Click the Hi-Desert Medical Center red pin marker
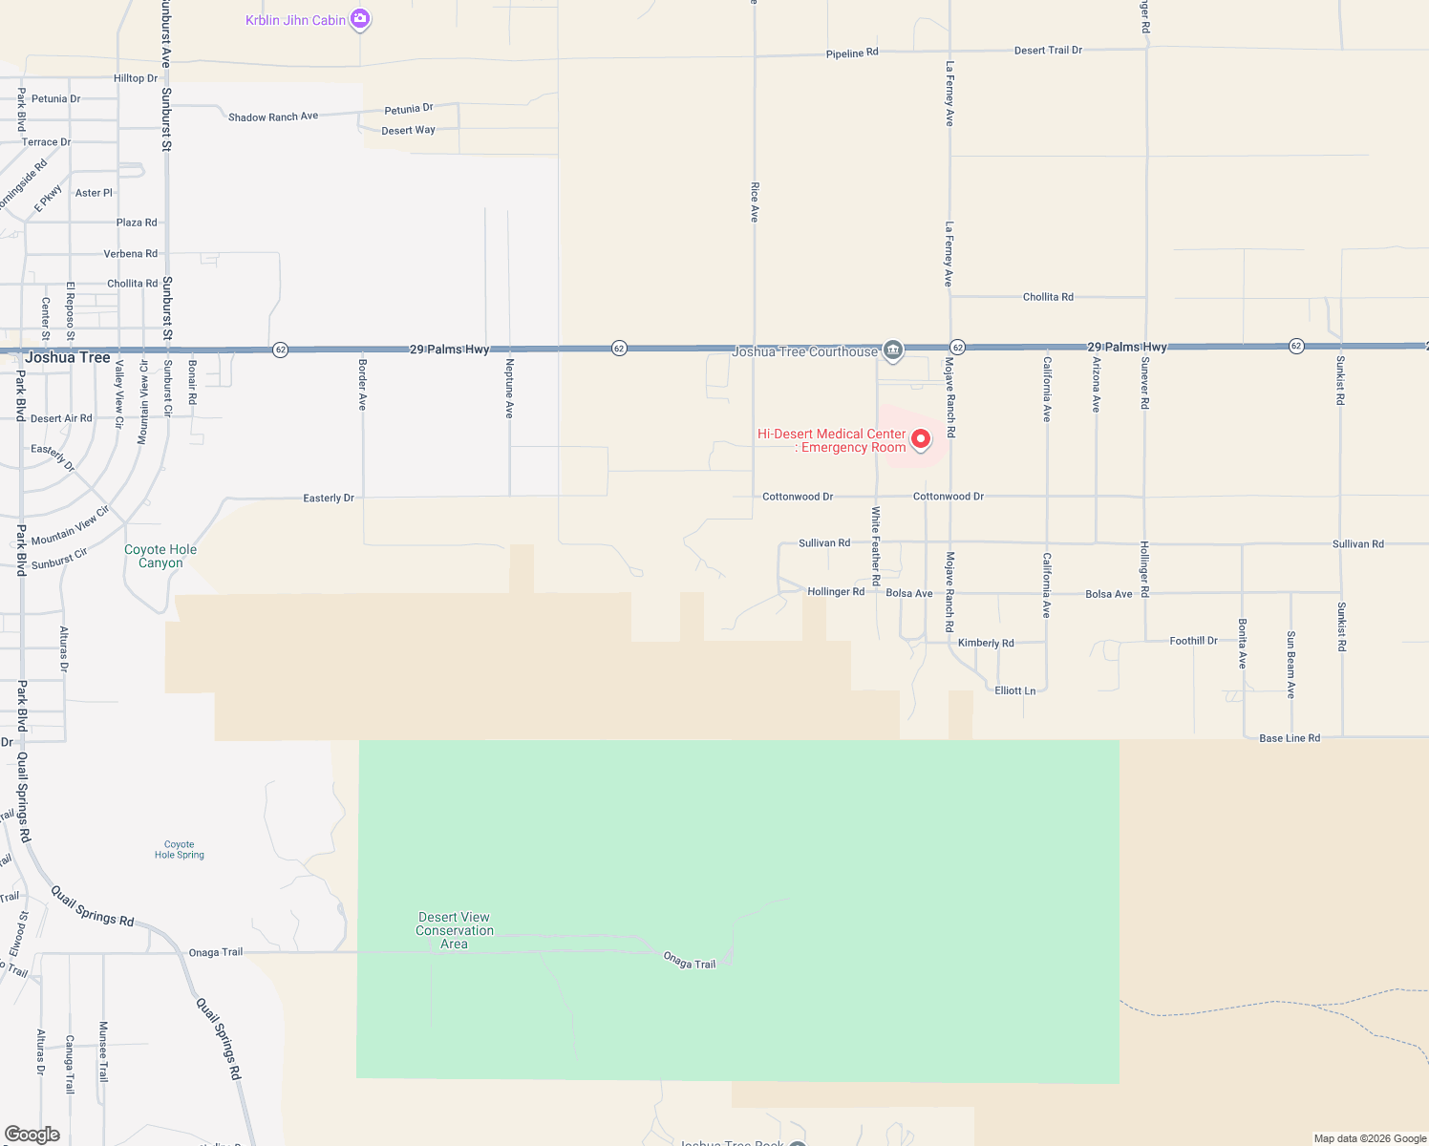pyautogui.click(x=921, y=438)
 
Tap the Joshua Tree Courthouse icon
pyautogui.click(x=893, y=350)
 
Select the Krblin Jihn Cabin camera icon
pyautogui.click(x=360, y=18)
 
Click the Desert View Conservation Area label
pyautogui.click(x=454, y=930)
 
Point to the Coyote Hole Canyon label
pyautogui.click(x=160, y=556)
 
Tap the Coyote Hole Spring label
pyautogui.click(x=180, y=850)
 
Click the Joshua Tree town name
pyautogui.click(x=68, y=357)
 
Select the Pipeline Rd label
pyautogui.click(x=852, y=53)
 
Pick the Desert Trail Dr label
pyautogui.click(x=1048, y=50)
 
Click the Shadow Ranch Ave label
pyautogui.click(x=273, y=117)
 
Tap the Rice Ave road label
pyautogui.click(x=755, y=202)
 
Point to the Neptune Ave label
pyautogui.click(x=510, y=388)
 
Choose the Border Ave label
pyautogui.click(x=363, y=384)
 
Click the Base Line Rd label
pyautogui.click(x=1290, y=738)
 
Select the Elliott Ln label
pyautogui.click(x=1014, y=690)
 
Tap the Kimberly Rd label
pyautogui.click(x=986, y=643)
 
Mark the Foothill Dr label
pyautogui.click(x=1193, y=641)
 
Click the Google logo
pyautogui.click(x=32, y=1134)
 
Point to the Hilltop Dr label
pyautogui.click(x=136, y=78)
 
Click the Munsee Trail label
pyautogui.click(x=104, y=1051)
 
